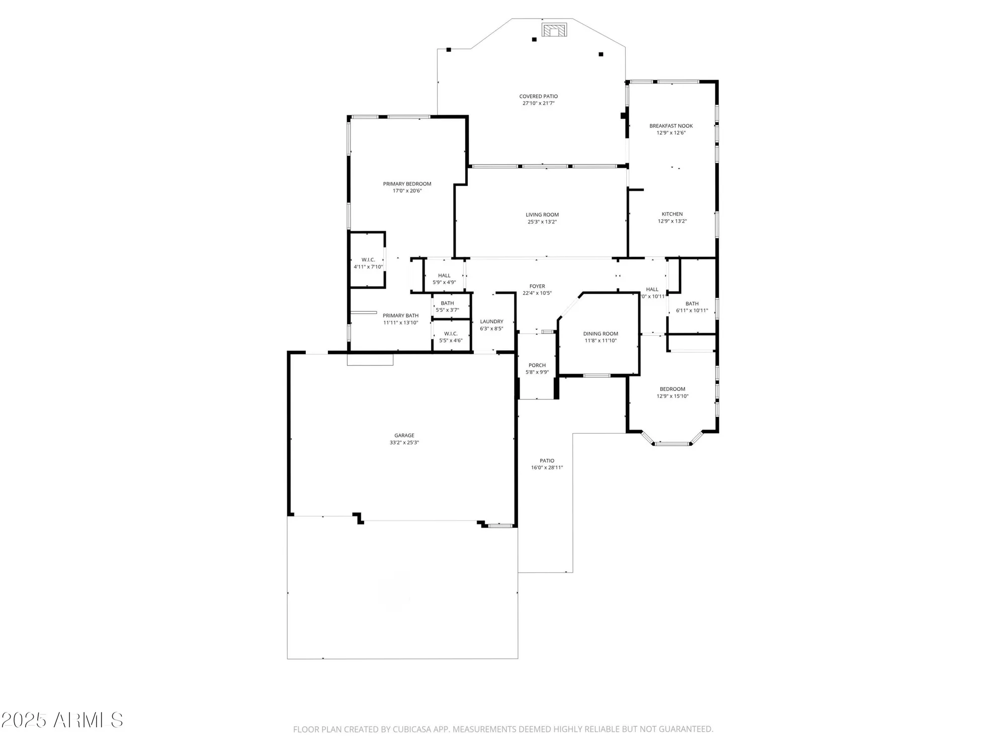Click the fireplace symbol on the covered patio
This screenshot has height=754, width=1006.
tap(554, 30)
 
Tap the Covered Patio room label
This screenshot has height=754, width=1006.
tap(538, 96)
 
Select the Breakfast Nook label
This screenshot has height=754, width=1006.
tap(670, 126)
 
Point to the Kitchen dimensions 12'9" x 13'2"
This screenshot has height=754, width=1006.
tap(672, 221)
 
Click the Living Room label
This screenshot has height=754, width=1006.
tap(542, 215)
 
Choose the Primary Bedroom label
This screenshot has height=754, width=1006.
tap(407, 184)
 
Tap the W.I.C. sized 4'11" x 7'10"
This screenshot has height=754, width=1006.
tap(368, 263)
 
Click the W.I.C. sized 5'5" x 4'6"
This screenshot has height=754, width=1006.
tap(450, 337)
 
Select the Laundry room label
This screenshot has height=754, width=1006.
tap(491, 321)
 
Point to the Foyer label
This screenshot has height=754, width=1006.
tap(537, 286)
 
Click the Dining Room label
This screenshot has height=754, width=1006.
tap(600, 333)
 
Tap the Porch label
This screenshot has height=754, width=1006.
tap(537, 365)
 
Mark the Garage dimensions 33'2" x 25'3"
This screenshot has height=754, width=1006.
tap(404, 443)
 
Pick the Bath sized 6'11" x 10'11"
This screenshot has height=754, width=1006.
tap(692, 307)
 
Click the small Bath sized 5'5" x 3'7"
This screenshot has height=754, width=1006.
tap(447, 306)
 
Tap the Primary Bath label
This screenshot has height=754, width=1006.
tap(400, 315)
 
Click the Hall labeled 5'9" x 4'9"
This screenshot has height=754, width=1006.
tap(444, 279)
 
